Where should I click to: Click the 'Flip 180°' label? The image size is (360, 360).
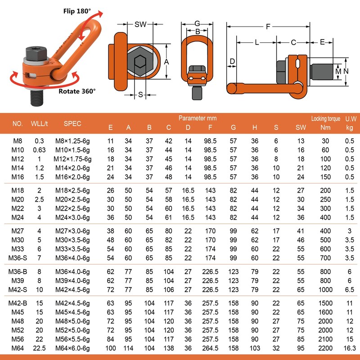77,11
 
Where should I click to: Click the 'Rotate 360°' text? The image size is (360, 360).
77,91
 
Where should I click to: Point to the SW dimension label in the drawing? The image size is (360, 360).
140,24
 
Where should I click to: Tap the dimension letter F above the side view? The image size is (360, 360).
268,27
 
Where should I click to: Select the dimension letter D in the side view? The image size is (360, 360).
232,61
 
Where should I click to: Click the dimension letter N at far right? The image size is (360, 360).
346,71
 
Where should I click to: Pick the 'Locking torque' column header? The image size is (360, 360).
325,119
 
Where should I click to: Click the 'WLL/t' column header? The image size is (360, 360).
39,124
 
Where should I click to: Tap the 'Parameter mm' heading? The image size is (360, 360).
198,118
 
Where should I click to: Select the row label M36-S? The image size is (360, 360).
18,258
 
